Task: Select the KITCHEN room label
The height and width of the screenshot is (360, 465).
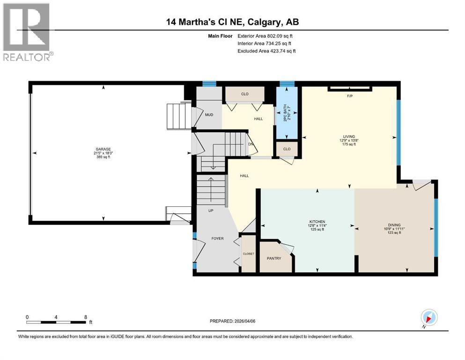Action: [x=317, y=222]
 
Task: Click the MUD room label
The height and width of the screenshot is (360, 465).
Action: [x=209, y=114]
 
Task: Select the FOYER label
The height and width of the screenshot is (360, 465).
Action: [x=217, y=239]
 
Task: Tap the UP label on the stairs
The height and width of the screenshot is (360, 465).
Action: [x=211, y=210]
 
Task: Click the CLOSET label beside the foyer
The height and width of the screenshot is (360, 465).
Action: [x=248, y=254]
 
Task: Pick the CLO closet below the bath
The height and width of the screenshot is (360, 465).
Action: [x=287, y=150]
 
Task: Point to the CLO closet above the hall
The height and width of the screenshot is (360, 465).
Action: [x=244, y=94]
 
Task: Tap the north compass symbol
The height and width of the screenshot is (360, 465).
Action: [x=429, y=318]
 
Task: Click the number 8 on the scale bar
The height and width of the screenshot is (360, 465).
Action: [x=85, y=317]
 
